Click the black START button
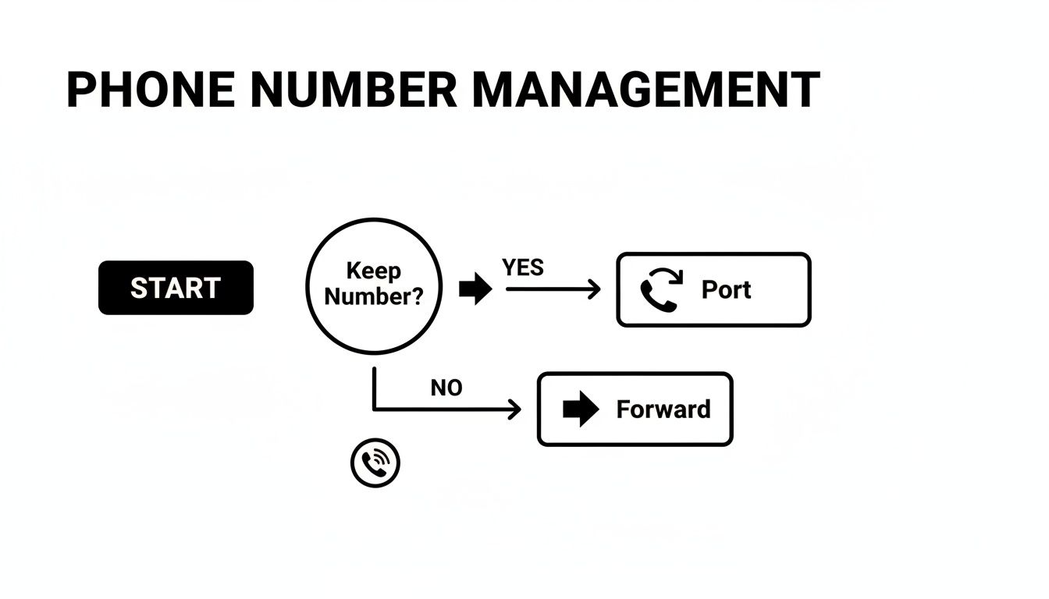coord(176,288)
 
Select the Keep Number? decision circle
coord(374,285)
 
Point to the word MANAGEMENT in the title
coord(646,90)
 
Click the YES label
coord(523,268)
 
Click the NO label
coord(446,388)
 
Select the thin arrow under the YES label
coord(553,289)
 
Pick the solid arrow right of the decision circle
coord(475,289)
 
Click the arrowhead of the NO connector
coord(515,409)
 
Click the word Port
coord(726,289)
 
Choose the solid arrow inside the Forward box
coord(580,409)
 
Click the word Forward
coord(663,409)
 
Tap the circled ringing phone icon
coord(375,463)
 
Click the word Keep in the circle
coord(373,271)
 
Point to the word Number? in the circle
coord(373,297)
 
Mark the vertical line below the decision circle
coord(375,388)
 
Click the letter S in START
coord(139,288)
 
